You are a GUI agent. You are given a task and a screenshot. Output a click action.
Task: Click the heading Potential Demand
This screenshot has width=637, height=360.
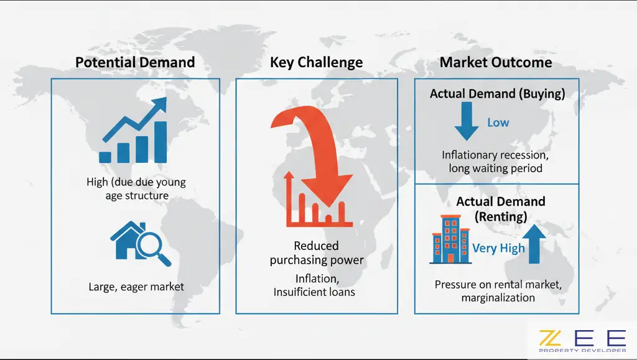[135, 62]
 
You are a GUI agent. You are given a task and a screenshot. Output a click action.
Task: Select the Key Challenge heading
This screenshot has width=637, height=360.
[316, 63]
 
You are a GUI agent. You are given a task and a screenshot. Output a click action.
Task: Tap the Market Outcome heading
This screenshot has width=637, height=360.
[496, 62]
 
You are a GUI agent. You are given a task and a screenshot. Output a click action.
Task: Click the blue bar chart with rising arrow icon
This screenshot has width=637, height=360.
[133, 130]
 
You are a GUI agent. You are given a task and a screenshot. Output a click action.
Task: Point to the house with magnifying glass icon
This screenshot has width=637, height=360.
[140, 244]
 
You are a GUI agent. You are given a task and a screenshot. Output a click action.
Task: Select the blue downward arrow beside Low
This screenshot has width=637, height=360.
[467, 121]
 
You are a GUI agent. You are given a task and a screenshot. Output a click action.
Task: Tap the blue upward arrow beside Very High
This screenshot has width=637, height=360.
[534, 244]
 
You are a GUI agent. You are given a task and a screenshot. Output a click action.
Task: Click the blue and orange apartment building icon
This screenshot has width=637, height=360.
[450, 239]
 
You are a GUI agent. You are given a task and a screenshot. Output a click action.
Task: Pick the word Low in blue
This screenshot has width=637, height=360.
[498, 122]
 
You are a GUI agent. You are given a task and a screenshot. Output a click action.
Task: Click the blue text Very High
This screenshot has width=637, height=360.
[498, 248]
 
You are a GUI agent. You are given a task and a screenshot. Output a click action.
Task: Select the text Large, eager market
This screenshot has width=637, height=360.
[136, 287]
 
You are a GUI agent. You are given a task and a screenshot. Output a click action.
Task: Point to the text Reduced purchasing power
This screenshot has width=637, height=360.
[317, 253]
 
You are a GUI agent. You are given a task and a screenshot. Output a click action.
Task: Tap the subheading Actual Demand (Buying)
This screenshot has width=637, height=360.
[497, 94]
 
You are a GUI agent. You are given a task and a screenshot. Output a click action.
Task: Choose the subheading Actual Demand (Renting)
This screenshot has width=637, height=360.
[501, 209]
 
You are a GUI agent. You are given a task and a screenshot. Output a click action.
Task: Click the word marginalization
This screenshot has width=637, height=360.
[498, 298]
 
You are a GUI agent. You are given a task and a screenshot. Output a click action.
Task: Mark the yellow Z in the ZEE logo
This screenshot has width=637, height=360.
[550, 338]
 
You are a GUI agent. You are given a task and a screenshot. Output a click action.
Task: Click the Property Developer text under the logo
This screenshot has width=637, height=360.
[582, 350]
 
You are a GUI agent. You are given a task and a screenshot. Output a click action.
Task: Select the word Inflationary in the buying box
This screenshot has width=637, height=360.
[468, 155]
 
